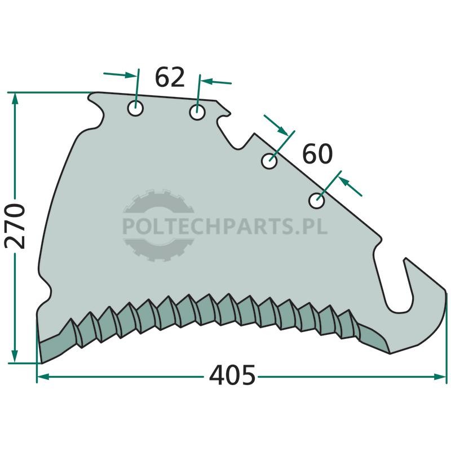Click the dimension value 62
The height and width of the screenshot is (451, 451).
(170, 77)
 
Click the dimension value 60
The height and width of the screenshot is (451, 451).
(317, 154)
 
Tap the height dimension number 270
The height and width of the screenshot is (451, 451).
(15, 226)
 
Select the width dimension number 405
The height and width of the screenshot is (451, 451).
(232, 375)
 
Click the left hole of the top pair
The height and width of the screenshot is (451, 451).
(135, 108)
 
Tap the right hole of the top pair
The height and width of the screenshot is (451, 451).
(197, 112)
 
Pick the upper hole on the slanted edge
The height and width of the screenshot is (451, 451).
(269, 161)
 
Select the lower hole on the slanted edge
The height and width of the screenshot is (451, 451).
(317, 201)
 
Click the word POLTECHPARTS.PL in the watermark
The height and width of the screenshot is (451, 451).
(225, 226)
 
